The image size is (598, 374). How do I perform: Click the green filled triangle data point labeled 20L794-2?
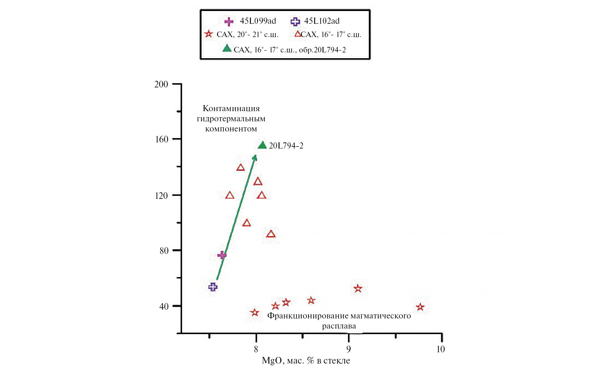point(262,145)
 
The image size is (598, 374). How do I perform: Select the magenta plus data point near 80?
point(222,255)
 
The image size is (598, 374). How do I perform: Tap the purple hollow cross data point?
point(213,287)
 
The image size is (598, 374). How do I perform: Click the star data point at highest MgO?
point(420,307)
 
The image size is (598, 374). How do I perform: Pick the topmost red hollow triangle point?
point(240,168)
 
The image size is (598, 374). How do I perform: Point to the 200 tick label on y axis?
point(161,84)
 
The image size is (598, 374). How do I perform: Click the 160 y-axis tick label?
point(161,139)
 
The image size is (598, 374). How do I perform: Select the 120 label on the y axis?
point(161,196)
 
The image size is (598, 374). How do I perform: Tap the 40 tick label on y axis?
point(164,306)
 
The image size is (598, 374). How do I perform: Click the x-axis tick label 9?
point(349,349)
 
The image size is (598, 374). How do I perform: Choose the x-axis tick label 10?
point(441,349)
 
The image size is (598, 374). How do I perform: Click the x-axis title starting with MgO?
point(306,360)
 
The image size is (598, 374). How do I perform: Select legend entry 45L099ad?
point(258,21)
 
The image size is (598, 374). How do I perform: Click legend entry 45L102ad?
point(322,21)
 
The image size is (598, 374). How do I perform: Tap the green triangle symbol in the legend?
point(227,49)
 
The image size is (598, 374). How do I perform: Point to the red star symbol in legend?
point(209,34)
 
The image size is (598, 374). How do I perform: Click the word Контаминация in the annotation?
point(231,108)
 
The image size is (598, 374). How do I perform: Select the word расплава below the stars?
point(339,326)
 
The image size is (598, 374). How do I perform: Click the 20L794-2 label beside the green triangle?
point(286,146)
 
